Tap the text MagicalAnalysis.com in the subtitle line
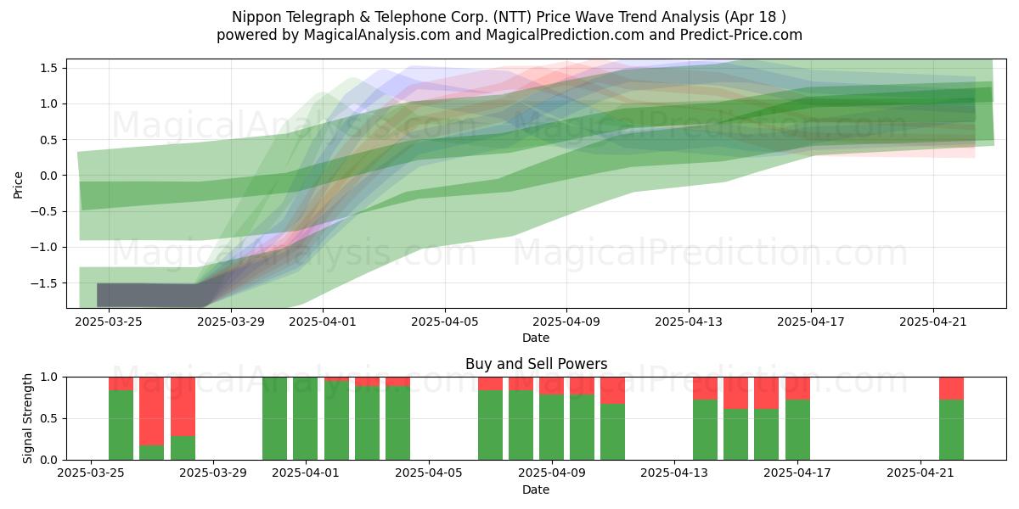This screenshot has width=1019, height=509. [377, 35]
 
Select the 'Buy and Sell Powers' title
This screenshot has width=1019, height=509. [536, 364]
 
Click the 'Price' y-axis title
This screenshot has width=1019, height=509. [18, 185]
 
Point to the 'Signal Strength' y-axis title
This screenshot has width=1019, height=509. [27, 418]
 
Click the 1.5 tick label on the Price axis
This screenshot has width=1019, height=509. [48, 68]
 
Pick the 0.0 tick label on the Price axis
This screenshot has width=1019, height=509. [48, 176]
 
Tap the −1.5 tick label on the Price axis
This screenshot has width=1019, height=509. [43, 283]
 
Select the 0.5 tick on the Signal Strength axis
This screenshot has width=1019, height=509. [48, 418]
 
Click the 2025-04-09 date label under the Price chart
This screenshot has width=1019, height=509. [566, 322]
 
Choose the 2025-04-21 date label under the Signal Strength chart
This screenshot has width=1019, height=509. [920, 473]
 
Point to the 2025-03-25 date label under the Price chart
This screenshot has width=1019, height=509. [109, 322]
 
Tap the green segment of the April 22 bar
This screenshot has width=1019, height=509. [951, 430]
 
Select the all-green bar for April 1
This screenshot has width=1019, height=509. [305, 418]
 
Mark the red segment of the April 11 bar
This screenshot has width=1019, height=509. [613, 390]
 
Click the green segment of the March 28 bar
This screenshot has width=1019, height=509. [183, 448]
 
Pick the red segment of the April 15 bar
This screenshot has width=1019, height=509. [736, 393]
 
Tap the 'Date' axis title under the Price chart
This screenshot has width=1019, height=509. [536, 338]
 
